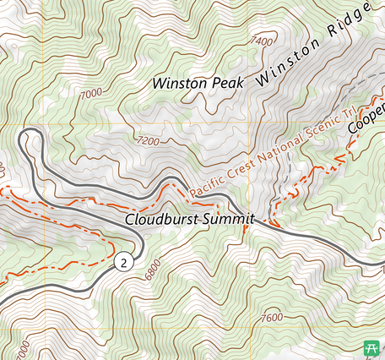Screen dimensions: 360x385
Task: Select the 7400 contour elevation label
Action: click(263, 41)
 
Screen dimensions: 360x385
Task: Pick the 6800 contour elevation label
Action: click(154, 270)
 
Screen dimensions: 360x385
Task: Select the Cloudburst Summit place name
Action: click(189, 219)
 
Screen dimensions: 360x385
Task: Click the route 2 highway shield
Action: click(124, 262)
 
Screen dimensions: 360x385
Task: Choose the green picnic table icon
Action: click(371, 347)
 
